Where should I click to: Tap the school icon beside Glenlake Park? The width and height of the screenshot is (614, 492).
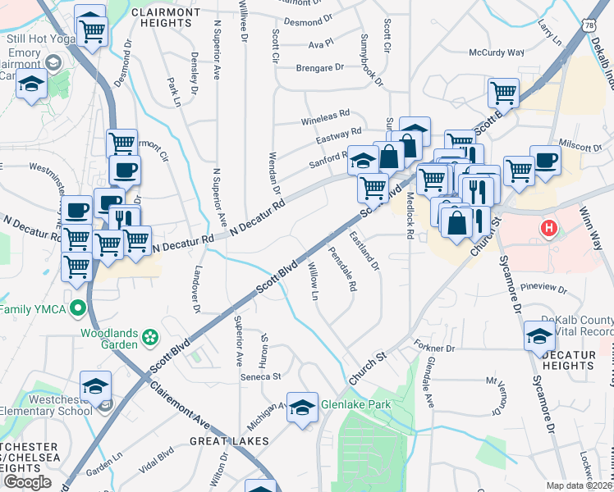301,406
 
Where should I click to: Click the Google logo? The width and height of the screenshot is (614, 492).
27,482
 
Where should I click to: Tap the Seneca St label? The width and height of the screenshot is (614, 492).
260,376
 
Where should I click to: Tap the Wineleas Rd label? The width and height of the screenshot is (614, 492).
325,115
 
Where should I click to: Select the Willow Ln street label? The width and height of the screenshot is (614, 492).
314,280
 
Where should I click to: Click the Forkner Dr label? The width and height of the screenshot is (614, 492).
434,348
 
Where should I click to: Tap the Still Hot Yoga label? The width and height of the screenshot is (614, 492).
34,38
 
